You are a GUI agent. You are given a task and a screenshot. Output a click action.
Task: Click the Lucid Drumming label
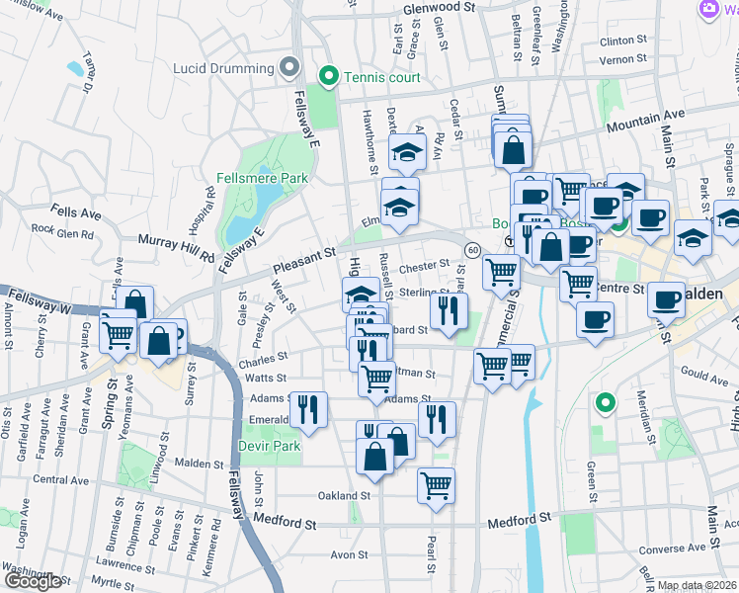[223, 68]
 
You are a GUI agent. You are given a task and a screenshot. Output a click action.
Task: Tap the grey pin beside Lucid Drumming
[288, 67]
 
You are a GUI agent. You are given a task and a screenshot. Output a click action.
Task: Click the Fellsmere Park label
[262, 179]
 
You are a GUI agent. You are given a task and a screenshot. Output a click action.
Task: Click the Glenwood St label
[440, 7]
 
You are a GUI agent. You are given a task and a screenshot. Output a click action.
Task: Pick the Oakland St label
[343, 495]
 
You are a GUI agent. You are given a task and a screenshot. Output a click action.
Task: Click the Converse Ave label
[673, 549]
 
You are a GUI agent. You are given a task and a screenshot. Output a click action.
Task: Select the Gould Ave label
[704, 376]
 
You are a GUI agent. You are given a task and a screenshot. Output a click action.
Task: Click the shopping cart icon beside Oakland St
[436, 484]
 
